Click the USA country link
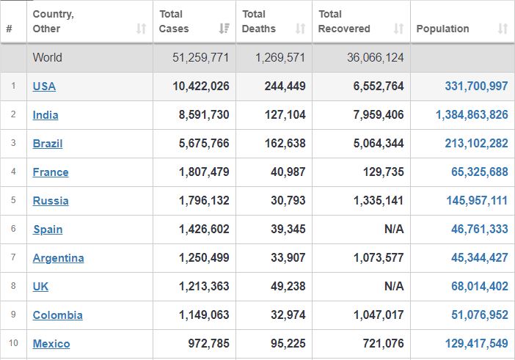coord(44,87)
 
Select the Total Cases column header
coord(174,21)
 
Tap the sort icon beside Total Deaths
coord(300,29)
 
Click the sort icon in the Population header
coord(503,29)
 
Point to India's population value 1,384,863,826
coord(472,114)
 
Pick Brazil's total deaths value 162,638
coord(285,143)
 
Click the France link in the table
coord(51,172)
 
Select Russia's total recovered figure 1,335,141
coord(379,200)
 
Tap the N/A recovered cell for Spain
coord(394,229)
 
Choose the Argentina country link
coord(58,258)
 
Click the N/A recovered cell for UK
coord(394,286)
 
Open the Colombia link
coord(57,315)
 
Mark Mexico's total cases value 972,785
coord(208,343)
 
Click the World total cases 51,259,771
coord(200,57)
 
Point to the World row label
coord(47,57)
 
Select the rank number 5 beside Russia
coord(13,200)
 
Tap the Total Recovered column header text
coord(344,21)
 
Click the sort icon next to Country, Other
coord(141,29)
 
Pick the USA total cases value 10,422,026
coord(201,86)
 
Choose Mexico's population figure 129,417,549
coord(476,343)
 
